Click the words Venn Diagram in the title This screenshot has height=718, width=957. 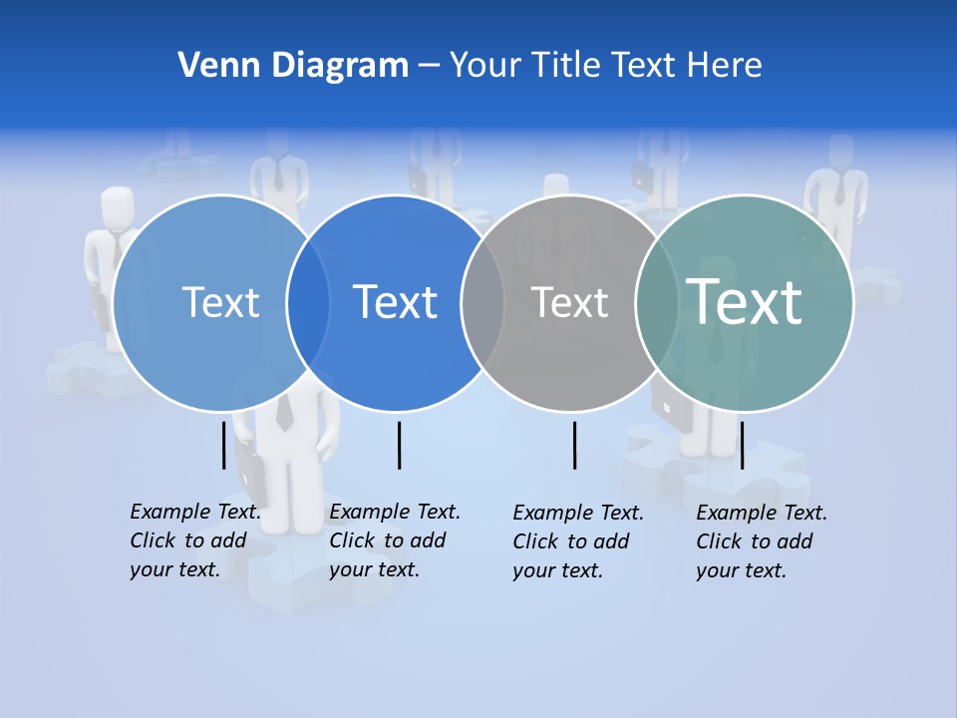293,66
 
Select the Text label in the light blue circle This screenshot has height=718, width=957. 220,302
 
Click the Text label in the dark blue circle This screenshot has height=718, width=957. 395,302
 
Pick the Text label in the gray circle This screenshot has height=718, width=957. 569,302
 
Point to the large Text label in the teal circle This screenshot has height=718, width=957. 744,302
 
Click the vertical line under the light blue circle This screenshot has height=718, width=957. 223,445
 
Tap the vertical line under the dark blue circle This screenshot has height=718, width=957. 399,445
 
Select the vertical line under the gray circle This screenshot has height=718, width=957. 574,445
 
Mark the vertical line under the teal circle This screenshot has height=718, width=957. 742,445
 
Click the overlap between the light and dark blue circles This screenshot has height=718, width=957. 308,302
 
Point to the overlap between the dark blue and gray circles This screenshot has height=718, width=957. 482,302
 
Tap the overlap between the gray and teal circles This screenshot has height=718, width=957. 657,302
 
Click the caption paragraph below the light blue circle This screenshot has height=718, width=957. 195,540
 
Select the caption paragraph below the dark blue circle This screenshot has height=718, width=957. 395,540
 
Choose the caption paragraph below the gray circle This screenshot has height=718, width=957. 578,541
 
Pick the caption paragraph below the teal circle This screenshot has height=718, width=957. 762,541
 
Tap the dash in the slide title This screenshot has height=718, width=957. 429,67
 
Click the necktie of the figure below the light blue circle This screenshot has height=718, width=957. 284,411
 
